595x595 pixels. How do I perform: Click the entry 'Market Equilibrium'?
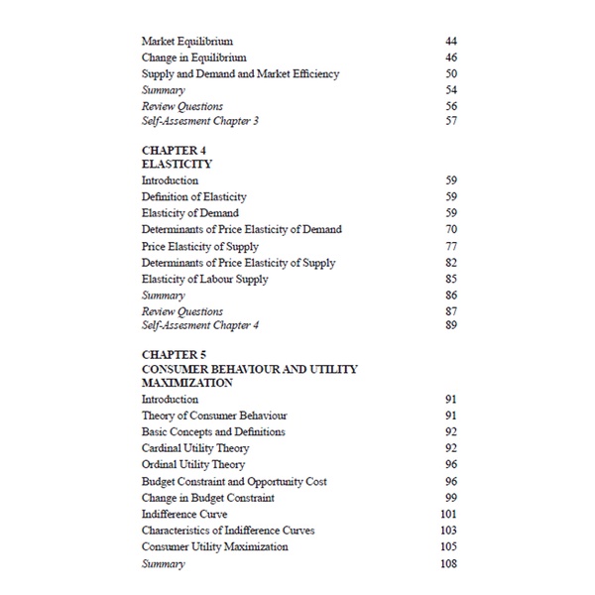point(187,41)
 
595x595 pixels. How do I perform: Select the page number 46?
point(451,58)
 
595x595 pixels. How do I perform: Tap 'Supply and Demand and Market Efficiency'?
point(240,73)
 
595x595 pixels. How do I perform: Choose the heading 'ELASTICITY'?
point(178,165)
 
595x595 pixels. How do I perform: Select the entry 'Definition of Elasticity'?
point(194,196)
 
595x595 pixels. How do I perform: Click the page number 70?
point(451,229)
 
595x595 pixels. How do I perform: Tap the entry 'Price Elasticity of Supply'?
point(200,246)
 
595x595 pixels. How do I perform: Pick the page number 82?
point(451,263)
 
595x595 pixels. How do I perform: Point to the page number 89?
point(451,325)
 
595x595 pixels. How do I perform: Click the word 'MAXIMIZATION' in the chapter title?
point(187,382)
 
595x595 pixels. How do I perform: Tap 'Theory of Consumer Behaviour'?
point(214,416)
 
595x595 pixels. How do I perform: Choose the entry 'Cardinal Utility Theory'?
point(195,448)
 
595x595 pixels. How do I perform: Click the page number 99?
point(451,498)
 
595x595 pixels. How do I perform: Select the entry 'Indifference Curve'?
point(184,514)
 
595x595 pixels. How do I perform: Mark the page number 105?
point(448,546)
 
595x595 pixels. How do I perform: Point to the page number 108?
point(448,563)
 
